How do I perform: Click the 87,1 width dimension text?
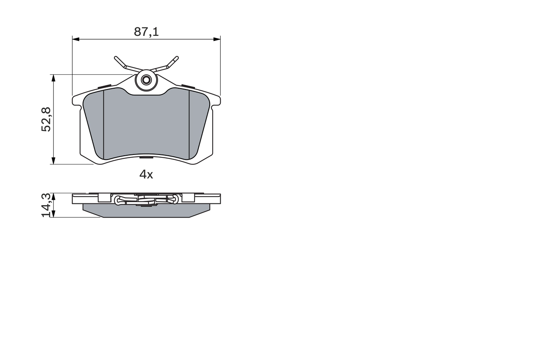146,32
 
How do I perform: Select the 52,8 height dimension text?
46,119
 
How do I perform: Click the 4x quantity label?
146,174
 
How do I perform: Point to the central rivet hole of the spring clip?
146,80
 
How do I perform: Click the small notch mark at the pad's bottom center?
146,158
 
